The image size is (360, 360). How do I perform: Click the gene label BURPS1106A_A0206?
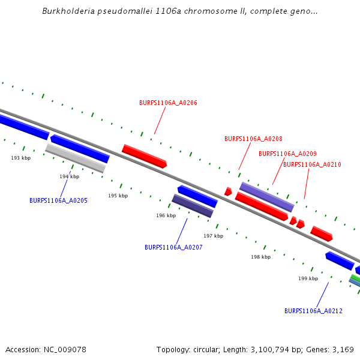pos(168,103)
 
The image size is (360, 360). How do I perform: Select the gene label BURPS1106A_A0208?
pos(253,139)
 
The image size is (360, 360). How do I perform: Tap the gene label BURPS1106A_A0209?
pos(287,154)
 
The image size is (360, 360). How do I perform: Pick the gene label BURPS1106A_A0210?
pos(312,164)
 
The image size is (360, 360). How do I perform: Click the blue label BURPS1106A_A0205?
pos(58,200)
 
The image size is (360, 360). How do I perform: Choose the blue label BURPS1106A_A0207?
pos(173,247)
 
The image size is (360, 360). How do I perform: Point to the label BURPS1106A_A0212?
pos(313,311)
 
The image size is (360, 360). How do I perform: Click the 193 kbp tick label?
pos(21,158)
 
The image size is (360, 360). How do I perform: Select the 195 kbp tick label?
pos(118,196)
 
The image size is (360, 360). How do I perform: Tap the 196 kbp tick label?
pos(166,215)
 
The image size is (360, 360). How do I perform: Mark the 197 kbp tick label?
pos(213,236)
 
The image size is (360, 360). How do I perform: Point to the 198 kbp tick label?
pos(260,257)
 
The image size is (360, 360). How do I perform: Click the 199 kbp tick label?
pos(308,278)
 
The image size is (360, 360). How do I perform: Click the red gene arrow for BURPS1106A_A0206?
pos(144,156)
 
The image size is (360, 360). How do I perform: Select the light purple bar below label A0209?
pos(267,197)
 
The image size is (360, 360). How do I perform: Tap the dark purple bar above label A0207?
pos(193,205)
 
